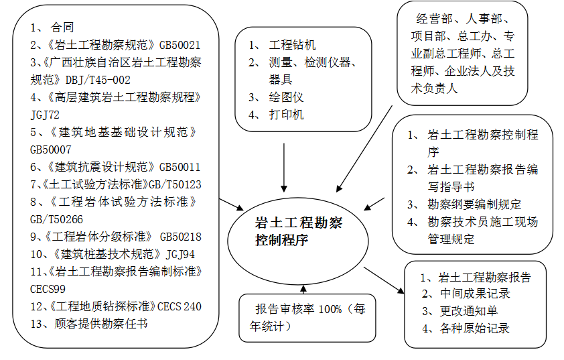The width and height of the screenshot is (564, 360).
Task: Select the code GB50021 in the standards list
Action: (180, 46)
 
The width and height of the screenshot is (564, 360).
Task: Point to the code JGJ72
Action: (46, 115)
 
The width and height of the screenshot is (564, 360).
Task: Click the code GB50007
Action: (51, 149)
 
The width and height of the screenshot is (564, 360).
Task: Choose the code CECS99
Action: (48, 289)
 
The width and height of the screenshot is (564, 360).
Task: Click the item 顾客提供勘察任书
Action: (100, 324)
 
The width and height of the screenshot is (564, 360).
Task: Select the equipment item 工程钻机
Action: (292, 46)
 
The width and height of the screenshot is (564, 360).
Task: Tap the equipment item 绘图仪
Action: (286, 97)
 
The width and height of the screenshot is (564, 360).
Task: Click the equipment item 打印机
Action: (286, 115)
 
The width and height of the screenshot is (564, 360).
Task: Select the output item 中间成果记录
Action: (475, 294)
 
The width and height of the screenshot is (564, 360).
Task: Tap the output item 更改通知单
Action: (469, 311)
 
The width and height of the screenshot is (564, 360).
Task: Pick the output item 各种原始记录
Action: (475, 328)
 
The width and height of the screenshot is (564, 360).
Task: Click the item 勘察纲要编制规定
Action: (474, 204)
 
